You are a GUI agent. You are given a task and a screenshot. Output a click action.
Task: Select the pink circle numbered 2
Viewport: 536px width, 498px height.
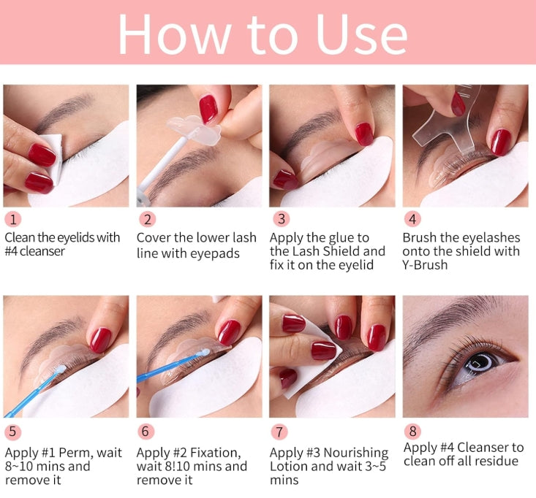pos(147,219)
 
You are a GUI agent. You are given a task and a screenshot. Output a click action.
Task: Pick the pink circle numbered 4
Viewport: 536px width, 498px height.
pos(412,219)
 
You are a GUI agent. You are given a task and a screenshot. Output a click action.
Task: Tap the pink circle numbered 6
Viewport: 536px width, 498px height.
pos(147,432)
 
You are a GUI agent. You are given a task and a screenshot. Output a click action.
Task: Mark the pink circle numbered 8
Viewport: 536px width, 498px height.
pos(412,432)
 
